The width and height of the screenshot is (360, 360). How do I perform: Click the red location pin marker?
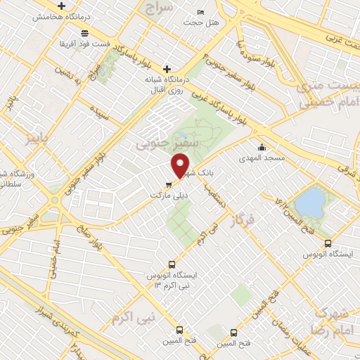click(x=181, y=165)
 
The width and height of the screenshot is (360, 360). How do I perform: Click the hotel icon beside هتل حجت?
click(x=201, y=12)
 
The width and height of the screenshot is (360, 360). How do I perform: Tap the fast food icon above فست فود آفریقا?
click(x=84, y=33)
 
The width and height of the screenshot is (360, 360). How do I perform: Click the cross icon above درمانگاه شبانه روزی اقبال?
click(x=167, y=69)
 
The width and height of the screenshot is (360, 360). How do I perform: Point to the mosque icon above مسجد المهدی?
click(x=262, y=148)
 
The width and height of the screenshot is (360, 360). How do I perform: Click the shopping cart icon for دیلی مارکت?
click(x=167, y=185)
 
